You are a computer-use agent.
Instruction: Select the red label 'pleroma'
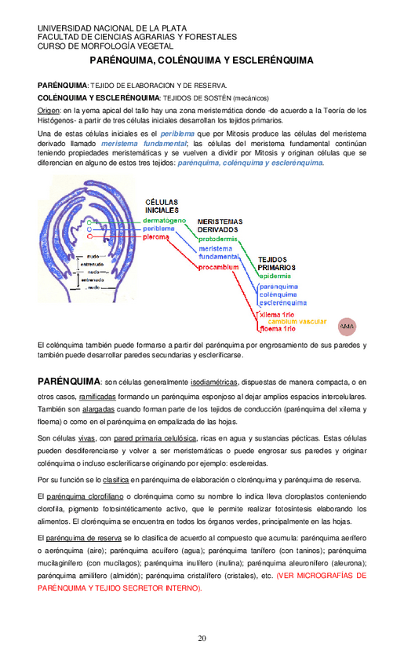coord(158,236)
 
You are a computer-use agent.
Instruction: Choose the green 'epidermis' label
coord(276,276)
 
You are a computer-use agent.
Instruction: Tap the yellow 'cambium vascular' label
coord(297,322)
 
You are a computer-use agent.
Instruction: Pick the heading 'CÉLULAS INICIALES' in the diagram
coord(161,206)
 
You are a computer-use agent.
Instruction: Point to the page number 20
coord(202,637)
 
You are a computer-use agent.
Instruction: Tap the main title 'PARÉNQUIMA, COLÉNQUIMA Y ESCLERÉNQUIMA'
coord(202,60)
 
